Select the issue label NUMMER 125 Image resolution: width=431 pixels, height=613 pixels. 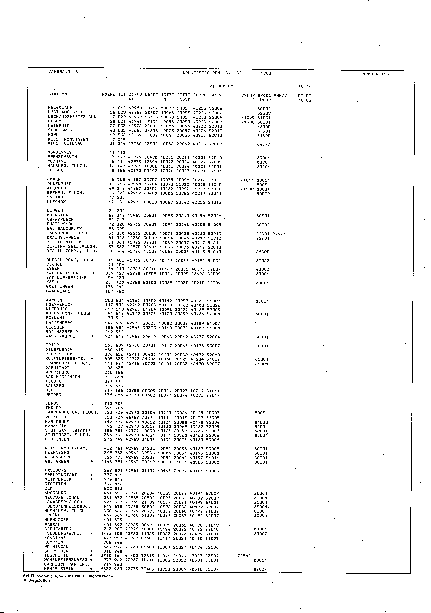coord(376,74)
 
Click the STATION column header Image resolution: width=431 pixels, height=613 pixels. coord(58,94)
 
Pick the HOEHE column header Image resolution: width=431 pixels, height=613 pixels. coord(109,95)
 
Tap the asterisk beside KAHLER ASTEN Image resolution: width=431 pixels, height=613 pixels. coord(93,273)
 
